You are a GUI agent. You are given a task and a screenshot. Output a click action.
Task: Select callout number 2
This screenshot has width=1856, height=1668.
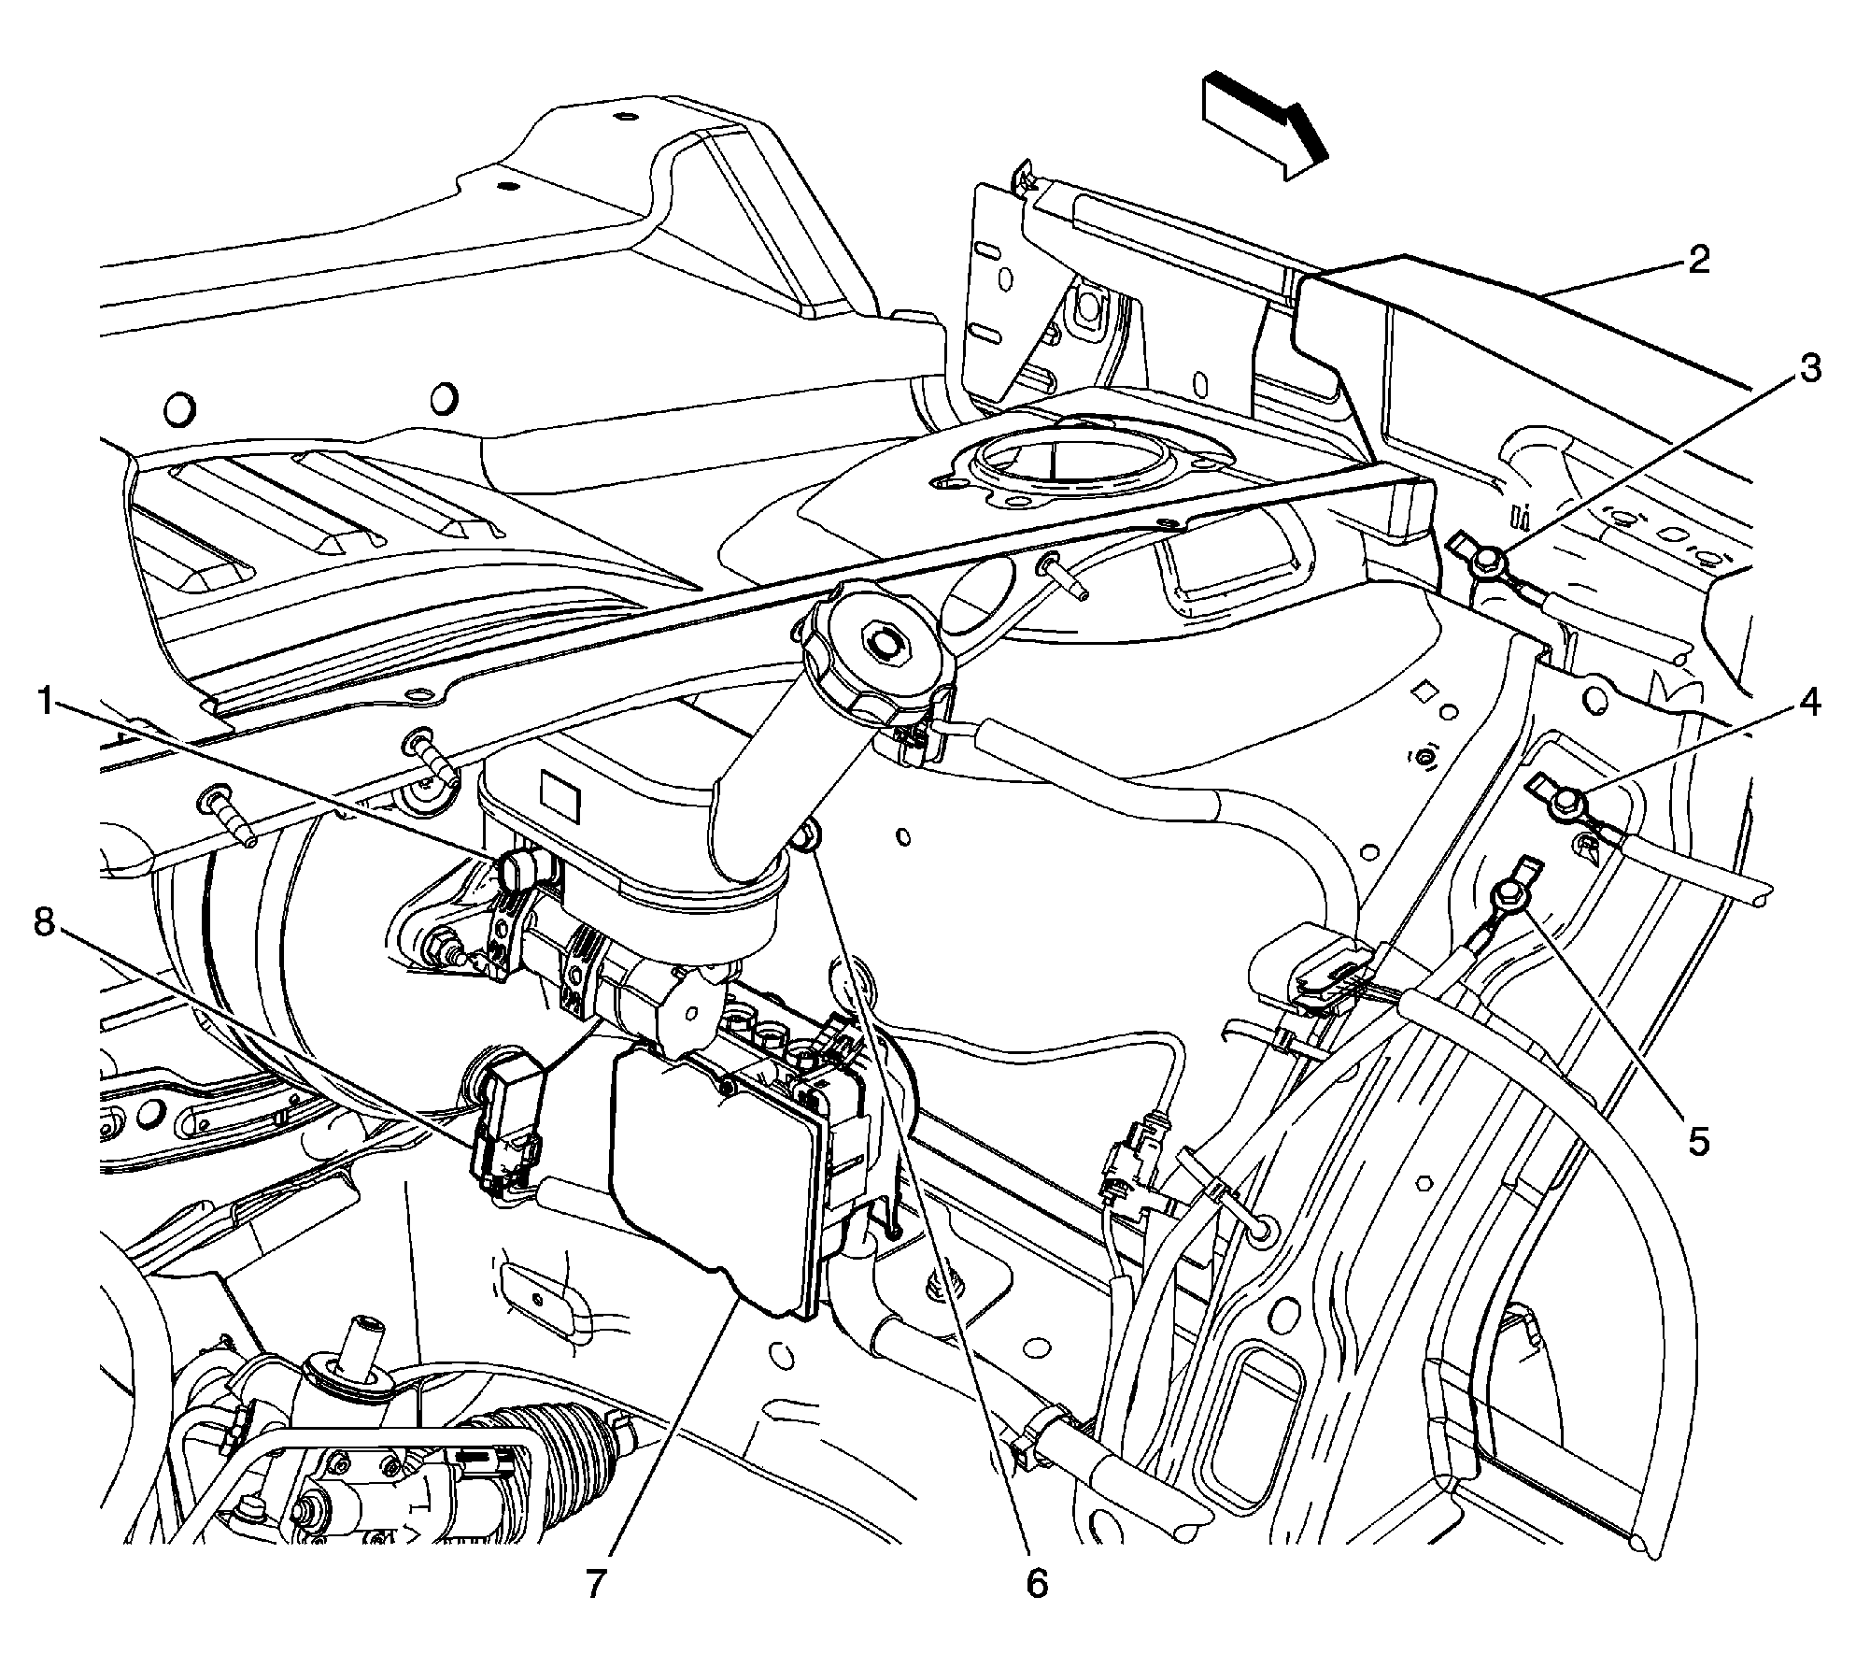1697,260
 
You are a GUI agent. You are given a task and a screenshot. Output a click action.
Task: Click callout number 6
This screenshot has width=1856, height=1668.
1037,1582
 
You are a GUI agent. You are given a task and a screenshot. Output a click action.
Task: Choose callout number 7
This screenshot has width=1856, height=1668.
597,1582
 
